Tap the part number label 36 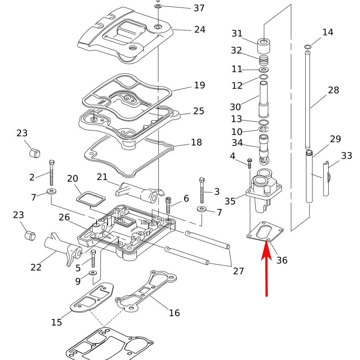coord(282,260)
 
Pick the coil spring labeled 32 coord(264,58)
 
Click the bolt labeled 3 coord(202,190)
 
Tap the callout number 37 coord(199,8)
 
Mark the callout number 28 coord(333,90)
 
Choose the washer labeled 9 coord(93,273)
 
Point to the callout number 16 coord(174,313)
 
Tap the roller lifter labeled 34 coord(264,148)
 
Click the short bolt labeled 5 coord(93,258)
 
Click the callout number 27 coord(238,271)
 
